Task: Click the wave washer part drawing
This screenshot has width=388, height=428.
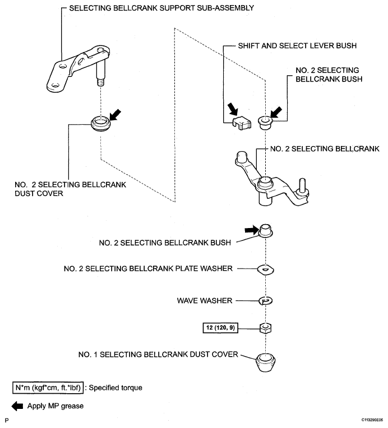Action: (266, 301)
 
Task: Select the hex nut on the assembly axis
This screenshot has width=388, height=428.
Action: (265, 328)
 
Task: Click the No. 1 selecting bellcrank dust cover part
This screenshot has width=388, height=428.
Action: (266, 362)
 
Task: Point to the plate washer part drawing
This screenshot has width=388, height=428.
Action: (266, 270)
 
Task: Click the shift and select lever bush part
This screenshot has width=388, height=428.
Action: (241, 122)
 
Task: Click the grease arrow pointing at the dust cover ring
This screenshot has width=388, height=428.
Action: (115, 115)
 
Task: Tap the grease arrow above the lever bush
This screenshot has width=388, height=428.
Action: (233, 108)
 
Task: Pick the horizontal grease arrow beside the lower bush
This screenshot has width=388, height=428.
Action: (252, 230)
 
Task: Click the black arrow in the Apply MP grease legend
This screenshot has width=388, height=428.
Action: (17, 406)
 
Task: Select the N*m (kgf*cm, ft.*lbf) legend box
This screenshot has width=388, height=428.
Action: (48, 388)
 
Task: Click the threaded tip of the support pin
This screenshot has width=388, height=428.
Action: (100, 82)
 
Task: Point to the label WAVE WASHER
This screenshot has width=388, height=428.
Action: (205, 300)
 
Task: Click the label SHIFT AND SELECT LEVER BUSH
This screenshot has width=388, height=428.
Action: (297, 45)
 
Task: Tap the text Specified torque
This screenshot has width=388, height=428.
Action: (116, 388)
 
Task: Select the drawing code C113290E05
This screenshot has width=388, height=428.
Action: (372, 420)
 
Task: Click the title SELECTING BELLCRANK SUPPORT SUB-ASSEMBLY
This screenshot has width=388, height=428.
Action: (161, 8)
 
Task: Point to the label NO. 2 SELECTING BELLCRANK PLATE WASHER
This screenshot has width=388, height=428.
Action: (148, 268)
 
